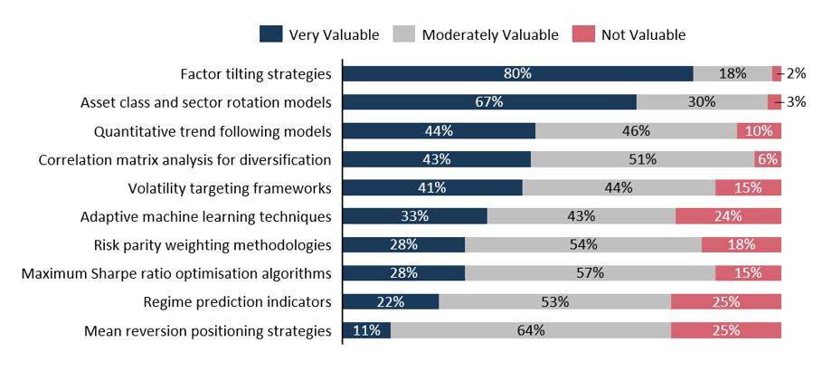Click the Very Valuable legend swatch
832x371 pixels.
270,34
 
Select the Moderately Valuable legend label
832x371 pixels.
478,35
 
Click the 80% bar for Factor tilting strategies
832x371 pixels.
517,74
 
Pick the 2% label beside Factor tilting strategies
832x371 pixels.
796,74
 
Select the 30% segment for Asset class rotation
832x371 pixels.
702,102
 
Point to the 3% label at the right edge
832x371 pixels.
796,102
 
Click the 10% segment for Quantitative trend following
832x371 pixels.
759,131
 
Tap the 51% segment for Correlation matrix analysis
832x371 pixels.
642,159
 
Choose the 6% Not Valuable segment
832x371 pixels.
768,159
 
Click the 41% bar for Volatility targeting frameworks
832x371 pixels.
432,188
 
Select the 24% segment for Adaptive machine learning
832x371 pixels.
728,216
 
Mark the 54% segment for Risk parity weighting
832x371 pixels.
583,245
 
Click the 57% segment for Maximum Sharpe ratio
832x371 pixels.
590,273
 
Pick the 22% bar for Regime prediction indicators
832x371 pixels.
391,302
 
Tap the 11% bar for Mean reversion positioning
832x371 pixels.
366,330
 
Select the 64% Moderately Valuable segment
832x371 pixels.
531,330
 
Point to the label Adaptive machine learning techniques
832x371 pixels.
205,216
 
